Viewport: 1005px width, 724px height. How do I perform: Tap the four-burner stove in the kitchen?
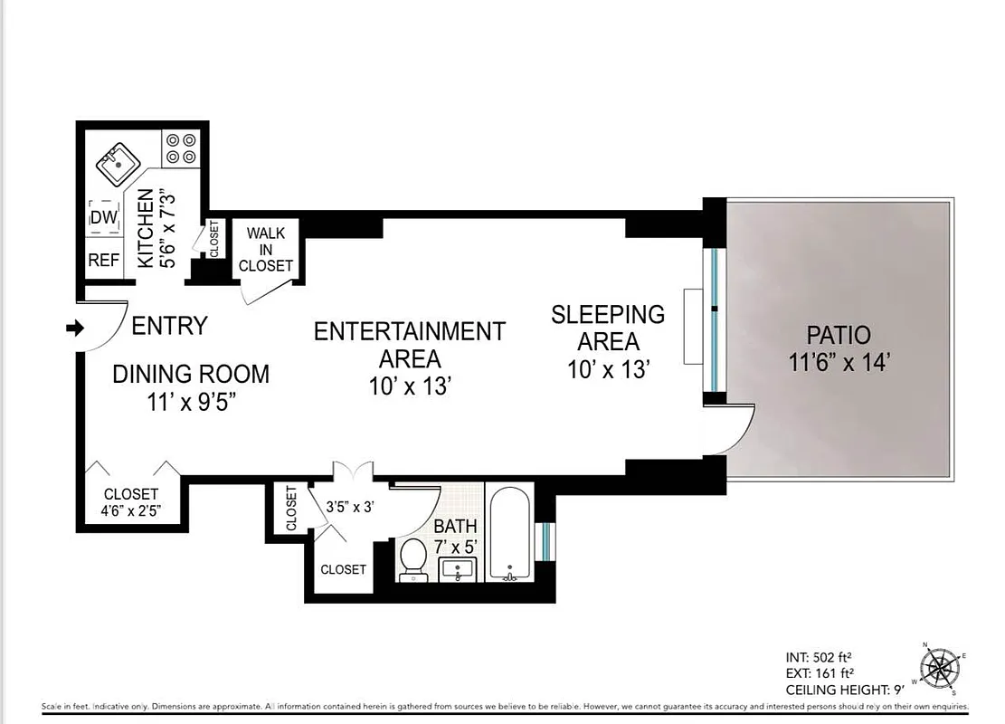181,149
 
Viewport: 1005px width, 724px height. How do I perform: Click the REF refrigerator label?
103,261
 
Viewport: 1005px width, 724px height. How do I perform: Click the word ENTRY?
169,326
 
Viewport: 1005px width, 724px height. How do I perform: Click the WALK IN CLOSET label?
265,250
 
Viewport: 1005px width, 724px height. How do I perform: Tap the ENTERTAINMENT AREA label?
409,345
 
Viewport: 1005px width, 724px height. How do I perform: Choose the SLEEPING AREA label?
608,328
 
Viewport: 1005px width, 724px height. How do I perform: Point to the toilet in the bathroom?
414,557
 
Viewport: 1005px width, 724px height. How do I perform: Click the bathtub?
510,532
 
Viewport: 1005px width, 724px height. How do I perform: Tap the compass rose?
942,670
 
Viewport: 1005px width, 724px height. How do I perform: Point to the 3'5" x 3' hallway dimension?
350,507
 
